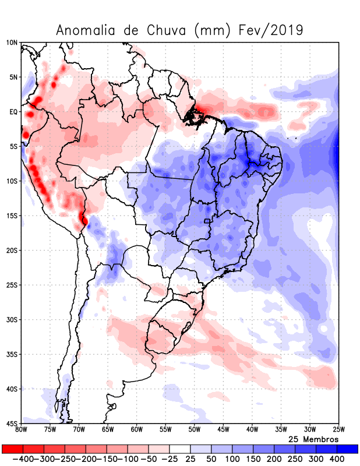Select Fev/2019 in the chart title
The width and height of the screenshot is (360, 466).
[271, 30]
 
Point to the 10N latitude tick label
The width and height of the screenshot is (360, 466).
[12, 43]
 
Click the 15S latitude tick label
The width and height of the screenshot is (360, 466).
[12, 216]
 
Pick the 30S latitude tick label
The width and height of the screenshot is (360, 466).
[12, 319]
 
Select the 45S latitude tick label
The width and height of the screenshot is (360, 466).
[12, 423]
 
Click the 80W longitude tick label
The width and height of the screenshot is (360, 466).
[22, 430]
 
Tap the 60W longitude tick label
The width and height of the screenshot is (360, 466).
[136, 430]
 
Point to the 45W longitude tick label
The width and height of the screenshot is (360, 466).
[223, 430]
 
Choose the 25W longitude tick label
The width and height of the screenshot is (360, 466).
[338, 430]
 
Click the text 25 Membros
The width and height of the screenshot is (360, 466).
[313, 439]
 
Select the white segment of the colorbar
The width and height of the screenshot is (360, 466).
[180, 449]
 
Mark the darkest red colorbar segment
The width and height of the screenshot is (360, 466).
[12, 449]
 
